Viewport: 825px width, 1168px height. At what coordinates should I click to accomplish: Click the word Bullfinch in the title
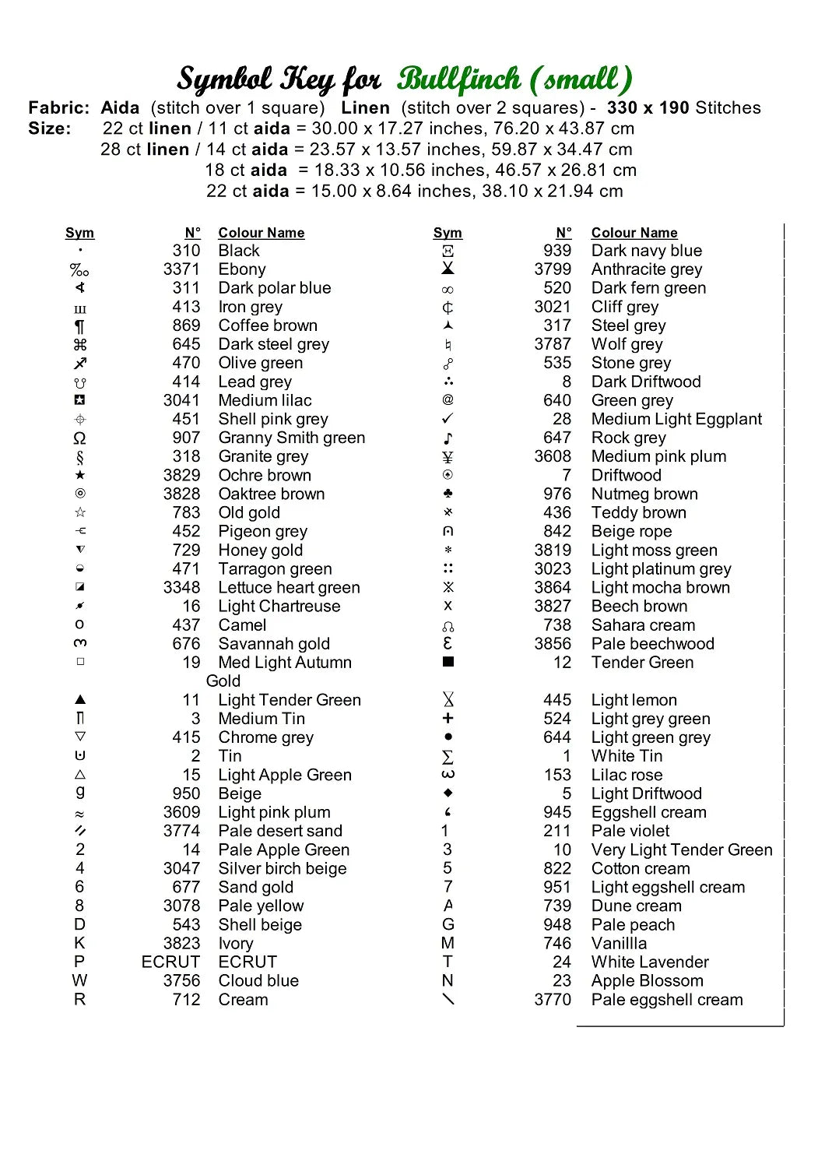tap(459, 79)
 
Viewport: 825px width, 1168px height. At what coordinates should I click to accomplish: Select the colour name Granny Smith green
tap(291, 438)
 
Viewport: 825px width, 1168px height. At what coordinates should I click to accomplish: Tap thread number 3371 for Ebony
tap(181, 269)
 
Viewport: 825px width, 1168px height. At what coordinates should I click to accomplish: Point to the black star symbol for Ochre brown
tap(80, 475)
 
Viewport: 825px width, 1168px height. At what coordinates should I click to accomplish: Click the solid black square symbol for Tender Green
tap(448, 662)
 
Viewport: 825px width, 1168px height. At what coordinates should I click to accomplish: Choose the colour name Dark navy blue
tap(646, 251)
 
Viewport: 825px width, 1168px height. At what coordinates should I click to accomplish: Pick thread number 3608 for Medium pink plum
tap(553, 456)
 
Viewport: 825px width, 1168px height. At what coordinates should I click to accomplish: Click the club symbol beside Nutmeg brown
tap(448, 494)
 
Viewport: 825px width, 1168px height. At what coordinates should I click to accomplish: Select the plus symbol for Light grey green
tap(448, 718)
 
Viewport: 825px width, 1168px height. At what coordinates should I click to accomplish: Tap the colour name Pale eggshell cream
tap(667, 1000)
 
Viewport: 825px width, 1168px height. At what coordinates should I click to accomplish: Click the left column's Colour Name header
tap(261, 233)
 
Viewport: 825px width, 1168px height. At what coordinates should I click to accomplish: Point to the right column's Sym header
tap(448, 233)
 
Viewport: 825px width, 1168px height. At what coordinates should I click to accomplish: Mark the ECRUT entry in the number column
tap(170, 962)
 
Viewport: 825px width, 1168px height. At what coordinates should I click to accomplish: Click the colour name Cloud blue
tap(258, 981)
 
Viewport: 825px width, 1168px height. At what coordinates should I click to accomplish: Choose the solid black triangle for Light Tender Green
tap(80, 699)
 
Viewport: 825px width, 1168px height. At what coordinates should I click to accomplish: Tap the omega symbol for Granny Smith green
tap(80, 438)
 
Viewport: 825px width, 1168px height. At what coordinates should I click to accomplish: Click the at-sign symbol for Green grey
tap(448, 400)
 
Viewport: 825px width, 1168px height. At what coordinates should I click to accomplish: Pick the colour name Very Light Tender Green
tap(682, 850)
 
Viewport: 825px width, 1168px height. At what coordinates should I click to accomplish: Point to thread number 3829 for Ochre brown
tap(181, 475)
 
